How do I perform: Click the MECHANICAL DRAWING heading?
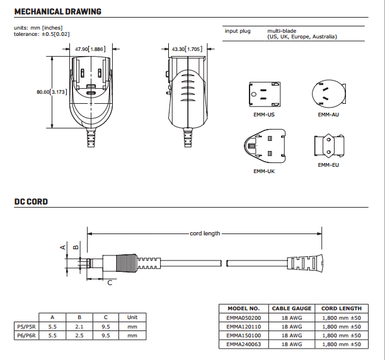pos(57,12)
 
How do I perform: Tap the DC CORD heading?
pos(31,202)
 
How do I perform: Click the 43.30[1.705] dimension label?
pos(187,48)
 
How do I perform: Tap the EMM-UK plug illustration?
pos(263,147)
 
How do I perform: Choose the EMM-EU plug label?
pos(328,166)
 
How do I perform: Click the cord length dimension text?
pos(205,233)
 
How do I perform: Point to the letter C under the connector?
pos(109,283)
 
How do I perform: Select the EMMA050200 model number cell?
pos(243,318)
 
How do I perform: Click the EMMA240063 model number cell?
pos(243,345)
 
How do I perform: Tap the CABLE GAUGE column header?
pos(291,308)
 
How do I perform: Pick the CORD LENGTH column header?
pos(342,308)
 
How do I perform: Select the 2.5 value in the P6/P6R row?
pos(79,336)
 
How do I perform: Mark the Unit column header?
pos(132,317)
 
